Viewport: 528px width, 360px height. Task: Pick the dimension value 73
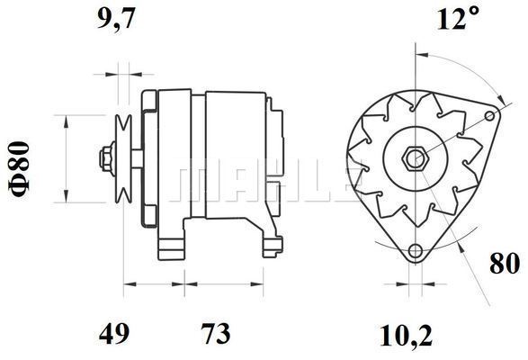pos(213,335)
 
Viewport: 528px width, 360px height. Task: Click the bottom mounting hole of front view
pos(415,250)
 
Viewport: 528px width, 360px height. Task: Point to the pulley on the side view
pos(125,159)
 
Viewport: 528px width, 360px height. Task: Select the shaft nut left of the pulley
pos(107,159)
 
